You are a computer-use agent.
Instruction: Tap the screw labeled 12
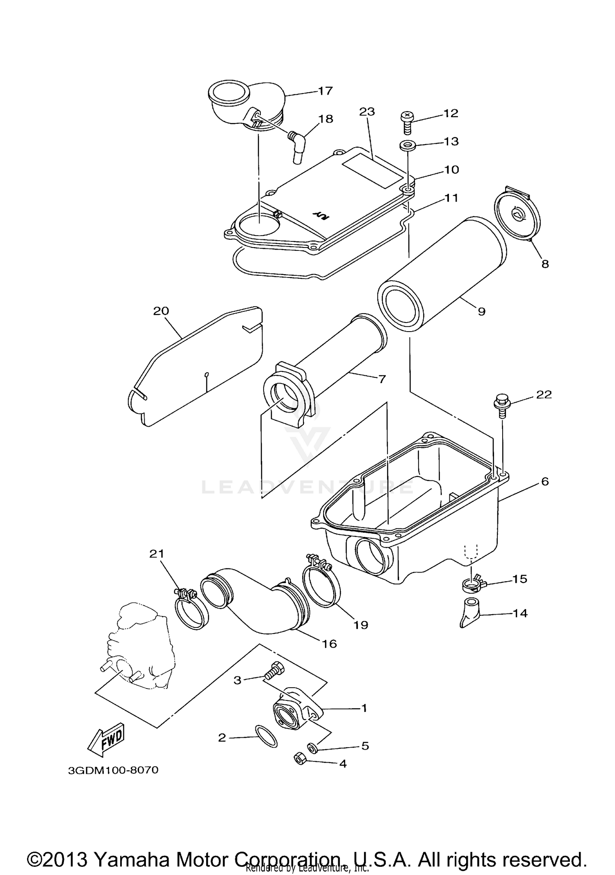pyautogui.click(x=405, y=122)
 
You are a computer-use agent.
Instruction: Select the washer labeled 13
pyautogui.click(x=406, y=145)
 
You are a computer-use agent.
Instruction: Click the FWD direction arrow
pyautogui.click(x=106, y=740)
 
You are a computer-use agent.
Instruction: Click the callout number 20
pyautogui.click(x=161, y=311)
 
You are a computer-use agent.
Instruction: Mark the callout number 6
pyautogui.click(x=544, y=481)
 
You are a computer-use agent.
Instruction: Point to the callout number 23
pyautogui.click(x=367, y=112)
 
